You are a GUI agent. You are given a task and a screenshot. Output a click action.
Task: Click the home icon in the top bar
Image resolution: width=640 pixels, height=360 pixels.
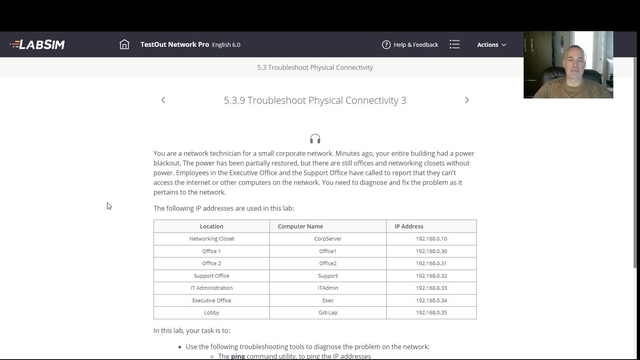point(124,45)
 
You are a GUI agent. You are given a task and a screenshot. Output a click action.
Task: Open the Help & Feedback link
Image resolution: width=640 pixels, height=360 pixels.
point(410,45)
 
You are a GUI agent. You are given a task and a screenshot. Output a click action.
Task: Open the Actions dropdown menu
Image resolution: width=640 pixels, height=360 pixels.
point(491,45)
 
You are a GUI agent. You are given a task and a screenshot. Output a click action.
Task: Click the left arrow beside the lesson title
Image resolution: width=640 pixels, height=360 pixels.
point(163,100)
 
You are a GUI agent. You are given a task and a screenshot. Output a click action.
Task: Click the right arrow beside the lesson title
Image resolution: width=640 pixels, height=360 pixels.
point(467,100)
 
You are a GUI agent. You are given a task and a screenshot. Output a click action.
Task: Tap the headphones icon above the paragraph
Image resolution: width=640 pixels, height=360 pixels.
point(315,138)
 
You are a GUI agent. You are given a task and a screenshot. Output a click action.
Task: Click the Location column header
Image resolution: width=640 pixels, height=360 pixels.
point(211,227)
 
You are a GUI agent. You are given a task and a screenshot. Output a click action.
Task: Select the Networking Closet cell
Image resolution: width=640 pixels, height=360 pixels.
point(211,239)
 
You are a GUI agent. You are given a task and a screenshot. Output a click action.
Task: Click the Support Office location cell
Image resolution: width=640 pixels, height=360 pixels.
point(211,276)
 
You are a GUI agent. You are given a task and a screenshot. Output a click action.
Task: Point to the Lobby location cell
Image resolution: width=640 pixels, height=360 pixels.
point(211,312)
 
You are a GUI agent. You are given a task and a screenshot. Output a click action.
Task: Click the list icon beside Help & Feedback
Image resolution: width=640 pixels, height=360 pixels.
point(455,45)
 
